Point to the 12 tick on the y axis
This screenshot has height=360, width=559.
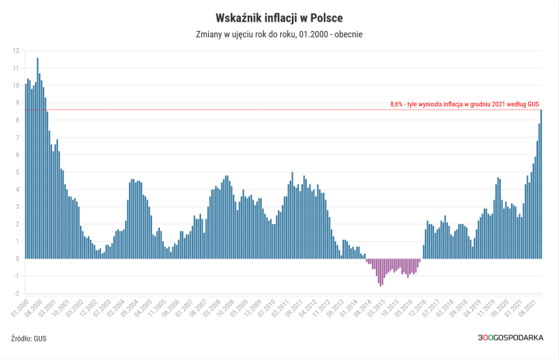pos(16,50)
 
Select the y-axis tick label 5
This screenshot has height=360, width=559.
pos(16,172)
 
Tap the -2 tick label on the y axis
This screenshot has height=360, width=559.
pos(16,294)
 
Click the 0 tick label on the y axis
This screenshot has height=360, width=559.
pos(16,259)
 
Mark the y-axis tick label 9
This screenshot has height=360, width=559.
pos(16,102)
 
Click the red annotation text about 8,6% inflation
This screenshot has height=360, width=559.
pos(464,103)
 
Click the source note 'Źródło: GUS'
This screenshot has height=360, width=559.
pos(29,339)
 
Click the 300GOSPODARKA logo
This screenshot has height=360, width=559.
pos(510,339)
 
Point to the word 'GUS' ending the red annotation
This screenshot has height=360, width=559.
pos(533,103)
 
